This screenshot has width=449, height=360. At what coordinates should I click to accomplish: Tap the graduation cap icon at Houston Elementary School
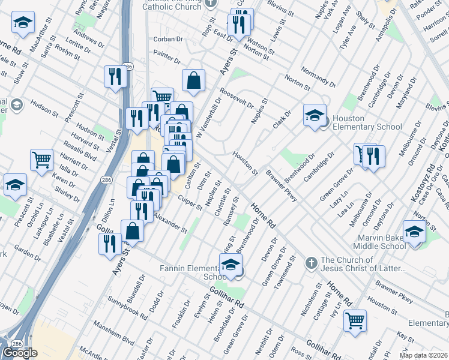[x=314, y=115]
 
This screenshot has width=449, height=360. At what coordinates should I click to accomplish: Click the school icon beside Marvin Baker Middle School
[x=414, y=230]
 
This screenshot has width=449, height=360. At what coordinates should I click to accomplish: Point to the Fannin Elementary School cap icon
[x=231, y=264]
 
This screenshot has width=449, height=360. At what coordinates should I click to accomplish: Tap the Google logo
[x=20, y=353]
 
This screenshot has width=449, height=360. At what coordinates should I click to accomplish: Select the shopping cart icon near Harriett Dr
[x=41, y=160]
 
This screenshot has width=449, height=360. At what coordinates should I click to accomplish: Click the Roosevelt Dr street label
[x=237, y=99]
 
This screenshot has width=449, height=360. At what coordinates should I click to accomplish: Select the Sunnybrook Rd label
[x=127, y=306]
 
